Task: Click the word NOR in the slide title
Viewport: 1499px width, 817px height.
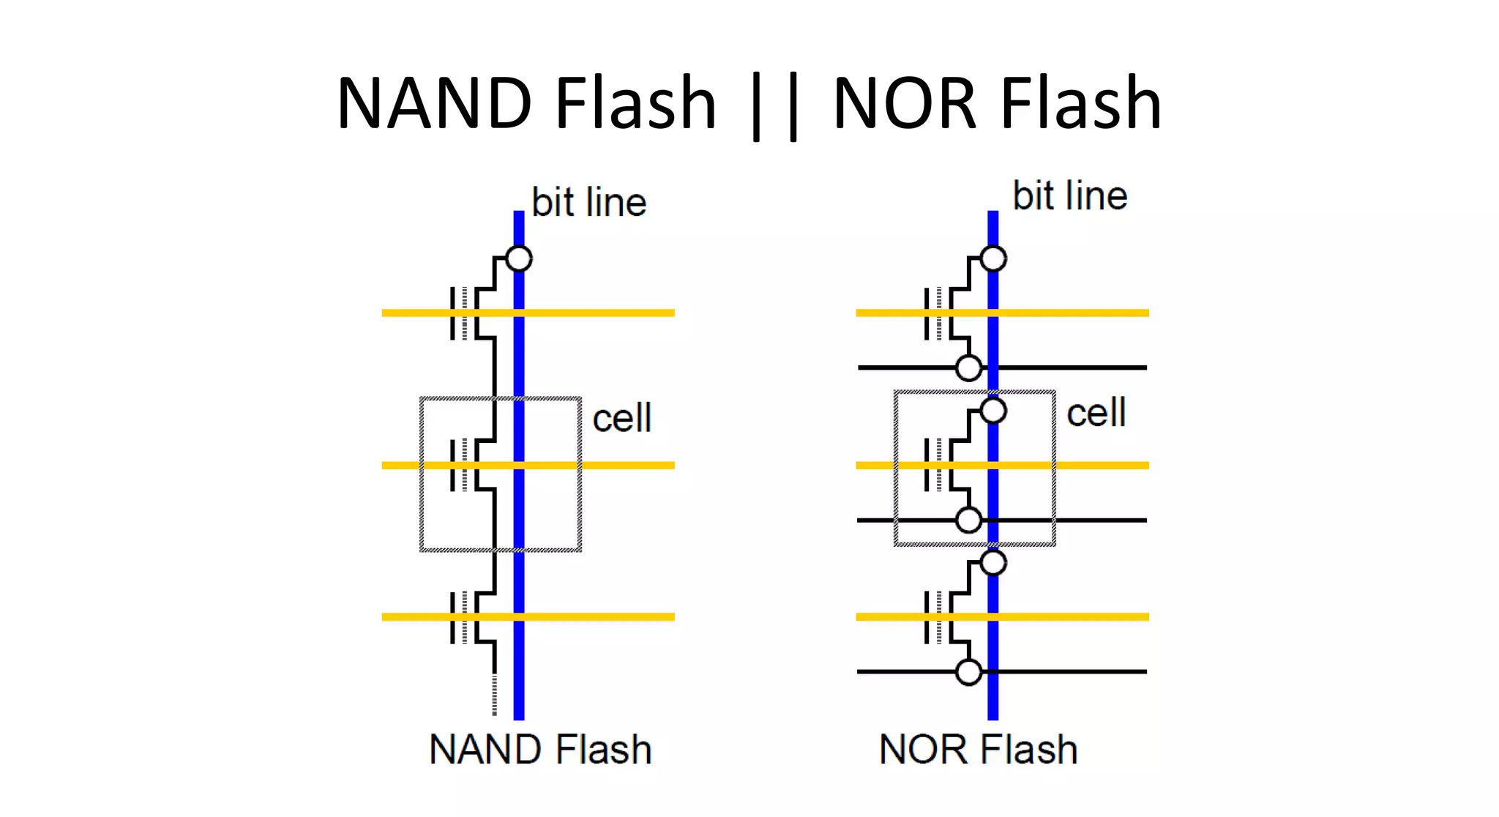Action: (x=905, y=104)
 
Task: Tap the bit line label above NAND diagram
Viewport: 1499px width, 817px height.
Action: (x=588, y=203)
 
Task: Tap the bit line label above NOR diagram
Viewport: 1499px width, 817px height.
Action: (x=1069, y=196)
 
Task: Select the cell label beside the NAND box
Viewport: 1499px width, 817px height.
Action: (x=621, y=419)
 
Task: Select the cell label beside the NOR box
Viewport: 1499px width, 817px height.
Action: (x=1096, y=413)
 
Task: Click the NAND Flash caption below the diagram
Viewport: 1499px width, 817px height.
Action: (x=540, y=750)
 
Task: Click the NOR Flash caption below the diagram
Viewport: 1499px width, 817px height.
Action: (x=978, y=750)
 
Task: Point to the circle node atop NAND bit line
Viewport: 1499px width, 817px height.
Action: (x=519, y=258)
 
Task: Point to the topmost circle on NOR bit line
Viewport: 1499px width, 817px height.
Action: (x=993, y=258)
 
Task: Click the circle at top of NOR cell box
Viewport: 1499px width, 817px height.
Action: (x=993, y=411)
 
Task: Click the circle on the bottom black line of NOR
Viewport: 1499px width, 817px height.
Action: (x=969, y=671)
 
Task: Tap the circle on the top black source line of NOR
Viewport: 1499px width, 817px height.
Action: (x=969, y=368)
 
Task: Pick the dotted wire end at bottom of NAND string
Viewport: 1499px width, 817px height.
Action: (x=495, y=695)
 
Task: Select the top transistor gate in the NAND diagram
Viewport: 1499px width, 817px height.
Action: (x=462, y=313)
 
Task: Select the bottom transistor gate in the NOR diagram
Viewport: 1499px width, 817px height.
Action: (x=936, y=617)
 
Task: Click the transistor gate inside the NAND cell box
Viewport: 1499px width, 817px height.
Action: (x=462, y=465)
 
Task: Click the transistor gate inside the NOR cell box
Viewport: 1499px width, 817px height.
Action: (x=936, y=465)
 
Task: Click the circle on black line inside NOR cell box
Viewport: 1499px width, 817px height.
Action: (x=969, y=520)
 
